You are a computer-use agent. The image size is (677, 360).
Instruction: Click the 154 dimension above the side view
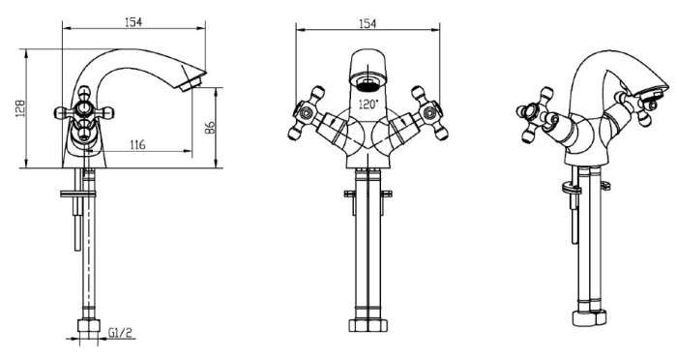click(x=133, y=21)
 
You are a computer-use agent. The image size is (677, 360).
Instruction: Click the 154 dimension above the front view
click(x=368, y=23)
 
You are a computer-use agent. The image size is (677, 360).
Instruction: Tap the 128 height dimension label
click(x=20, y=108)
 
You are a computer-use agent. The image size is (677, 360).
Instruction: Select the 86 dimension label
click(x=210, y=128)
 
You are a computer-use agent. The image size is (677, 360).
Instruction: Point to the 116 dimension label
click(x=137, y=144)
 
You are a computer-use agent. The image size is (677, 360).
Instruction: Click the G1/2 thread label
click(x=121, y=332)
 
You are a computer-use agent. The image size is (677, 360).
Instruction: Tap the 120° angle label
click(x=368, y=104)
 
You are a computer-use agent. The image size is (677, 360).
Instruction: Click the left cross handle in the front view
click(x=306, y=113)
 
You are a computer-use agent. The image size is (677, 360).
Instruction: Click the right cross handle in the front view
click(x=429, y=113)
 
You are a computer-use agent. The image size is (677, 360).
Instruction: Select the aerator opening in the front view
click(x=368, y=84)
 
